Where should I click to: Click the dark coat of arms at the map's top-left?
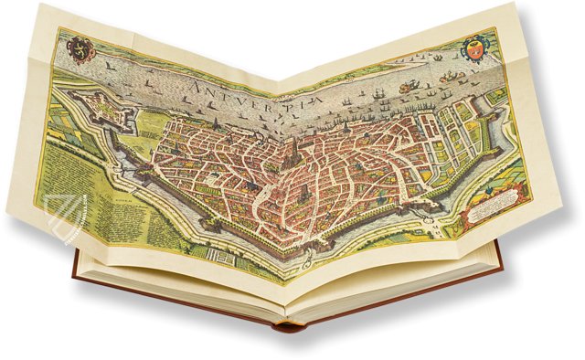(77, 45)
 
